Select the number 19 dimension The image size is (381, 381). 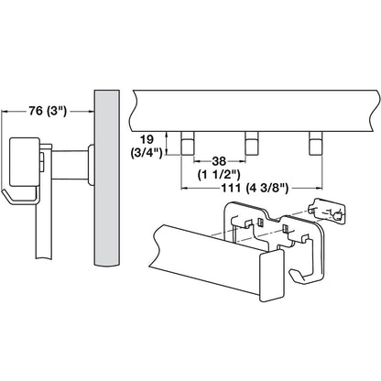(147, 140)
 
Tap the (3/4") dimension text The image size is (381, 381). (147, 153)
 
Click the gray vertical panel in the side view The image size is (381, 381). (105, 183)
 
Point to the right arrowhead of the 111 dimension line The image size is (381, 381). (323, 190)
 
